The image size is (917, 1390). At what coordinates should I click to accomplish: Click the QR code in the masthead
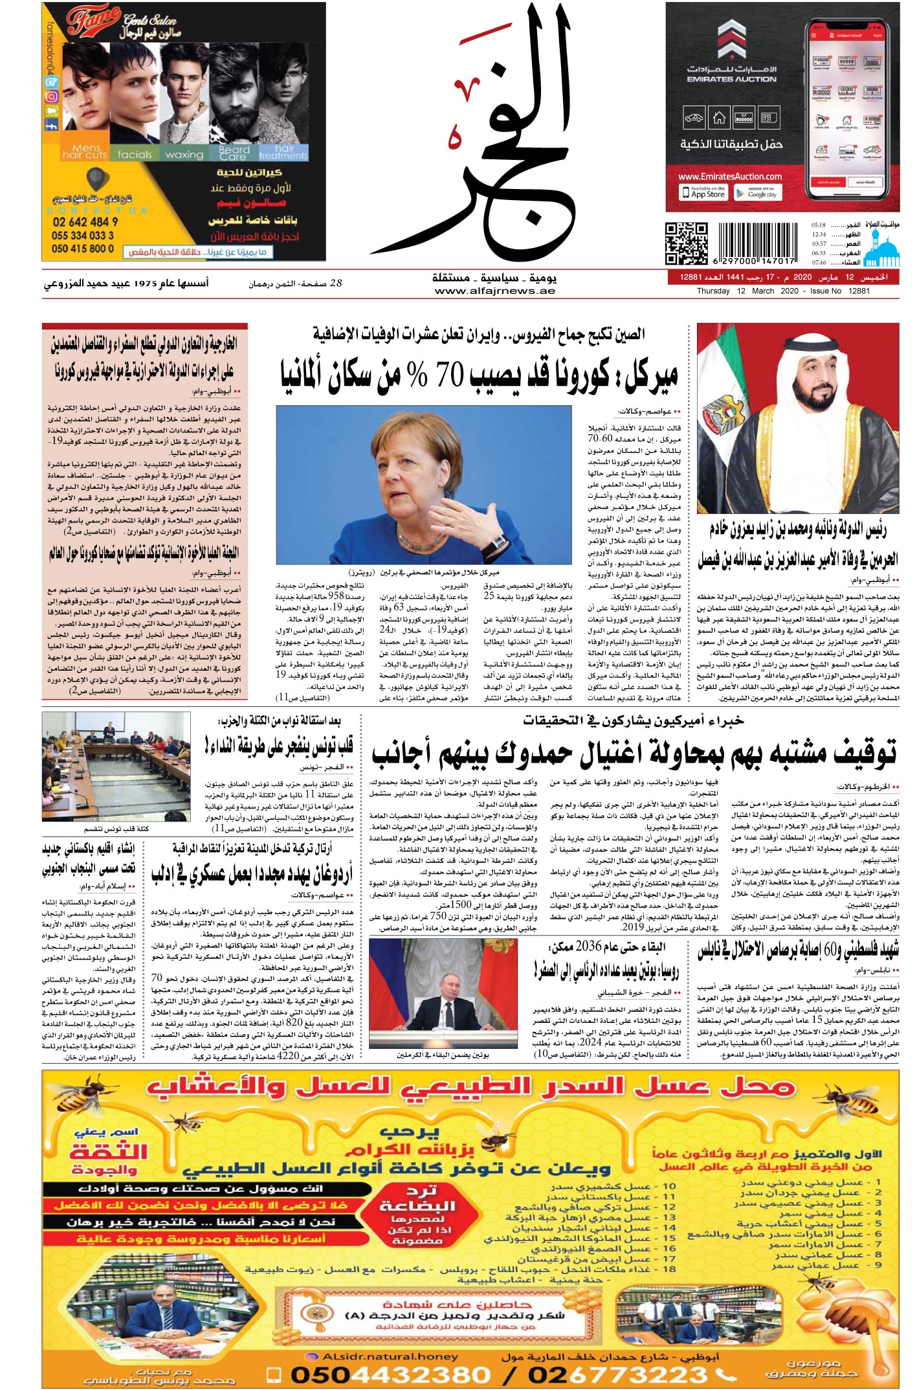click(686, 243)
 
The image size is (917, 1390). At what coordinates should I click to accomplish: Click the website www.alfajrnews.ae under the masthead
click(495, 291)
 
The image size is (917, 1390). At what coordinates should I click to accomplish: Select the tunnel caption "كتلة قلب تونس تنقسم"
click(116, 829)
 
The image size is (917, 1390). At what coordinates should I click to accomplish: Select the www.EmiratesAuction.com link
click(730, 176)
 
